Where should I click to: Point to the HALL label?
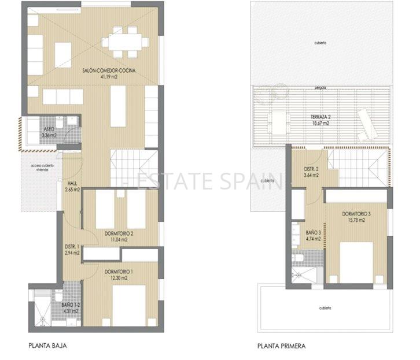pos(72,183)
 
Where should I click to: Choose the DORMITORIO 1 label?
pos(119,271)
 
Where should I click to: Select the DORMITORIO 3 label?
pos(356,213)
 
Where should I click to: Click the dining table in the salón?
pos(124,41)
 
